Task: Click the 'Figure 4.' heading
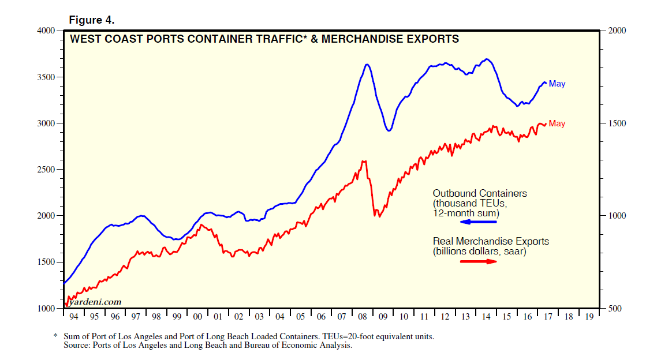[x=92, y=20]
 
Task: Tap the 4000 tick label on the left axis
[x=46, y=31]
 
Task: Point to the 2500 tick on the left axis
[x=46, y=170]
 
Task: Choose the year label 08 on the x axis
[x=363, y=317]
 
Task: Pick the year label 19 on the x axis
[x=589, y=317]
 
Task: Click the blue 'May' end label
[x=557, y=84]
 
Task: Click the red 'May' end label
[x=557, y=123]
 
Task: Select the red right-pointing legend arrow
[x=479, y=261]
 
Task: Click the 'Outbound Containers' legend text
[x=480, y=193]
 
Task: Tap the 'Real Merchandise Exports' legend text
[x=491, y=241]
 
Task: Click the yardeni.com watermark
[x=95, y=302]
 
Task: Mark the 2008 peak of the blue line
[x=367, y=64]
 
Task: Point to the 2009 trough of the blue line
[x=389, y=131]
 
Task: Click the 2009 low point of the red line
[x=379, y=217]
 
